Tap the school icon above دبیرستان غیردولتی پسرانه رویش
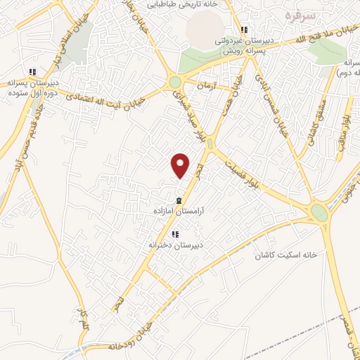244,30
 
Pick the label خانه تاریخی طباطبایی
181,4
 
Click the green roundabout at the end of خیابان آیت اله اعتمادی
174,84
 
